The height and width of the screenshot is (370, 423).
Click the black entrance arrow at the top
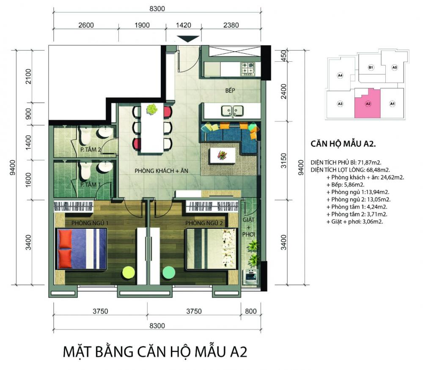pyautogui.click(x=188, y=39)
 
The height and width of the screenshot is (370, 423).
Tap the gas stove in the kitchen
pyautogui.click(x=248, y=69)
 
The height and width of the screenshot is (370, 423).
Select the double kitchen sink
pyautogui.click(x=233, y=111)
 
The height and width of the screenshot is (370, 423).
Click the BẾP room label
pyautogui.click(x=230, y=90)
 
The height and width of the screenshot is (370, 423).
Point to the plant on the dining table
pyautogui.click(x=152, y=109)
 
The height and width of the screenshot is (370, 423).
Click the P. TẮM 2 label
pyautogui.click(x=91, y=149)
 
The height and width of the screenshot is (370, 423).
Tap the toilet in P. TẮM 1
pyautogui.click(x=85, y=171)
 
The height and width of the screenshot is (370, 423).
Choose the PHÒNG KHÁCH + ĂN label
pyautogui.click(x=161, y=171)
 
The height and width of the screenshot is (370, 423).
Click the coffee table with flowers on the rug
pyautogui.click(x=223, y=155)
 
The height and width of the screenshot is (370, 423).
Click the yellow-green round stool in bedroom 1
pyautogui.click(x=129, y=273)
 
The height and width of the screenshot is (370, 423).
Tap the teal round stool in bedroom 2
pyautogui.click(x=169, y=272)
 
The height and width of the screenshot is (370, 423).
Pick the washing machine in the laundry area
pyautogui.click(x=250, y=277)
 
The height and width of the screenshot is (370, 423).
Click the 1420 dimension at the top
pyautogui.click(x=184, y=25)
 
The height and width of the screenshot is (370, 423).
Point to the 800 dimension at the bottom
pyautogui.click(x=250, y=311)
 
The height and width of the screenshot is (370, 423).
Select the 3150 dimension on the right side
pyautogui.click(x=283, y=160)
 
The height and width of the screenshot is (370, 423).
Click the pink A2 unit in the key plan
pyautogui.click(x=368, y=104)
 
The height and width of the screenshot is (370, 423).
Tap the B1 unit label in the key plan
pyautogui.click(x=371, y=67)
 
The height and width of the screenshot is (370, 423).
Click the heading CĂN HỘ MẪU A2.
pyautogui.click(x=343, y=144)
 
